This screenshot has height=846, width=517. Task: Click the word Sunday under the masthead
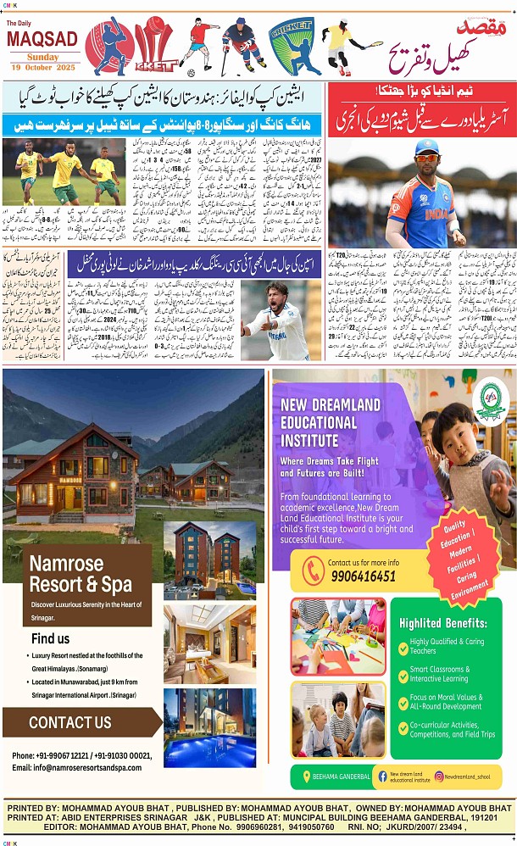(x=42, y=56)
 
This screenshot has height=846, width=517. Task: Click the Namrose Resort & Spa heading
(x=81, y=574)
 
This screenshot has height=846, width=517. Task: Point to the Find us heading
(x=51, y=638)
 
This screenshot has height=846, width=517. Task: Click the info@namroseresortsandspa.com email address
(x=77, y=767)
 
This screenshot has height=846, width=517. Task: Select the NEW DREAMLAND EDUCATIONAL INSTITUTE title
(x=331, y=421)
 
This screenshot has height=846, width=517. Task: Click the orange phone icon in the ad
(x=313, y=569)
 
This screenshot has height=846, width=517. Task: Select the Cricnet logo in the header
(x=293, y=47)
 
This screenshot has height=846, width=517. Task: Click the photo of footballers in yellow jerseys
(x=63, y=173)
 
